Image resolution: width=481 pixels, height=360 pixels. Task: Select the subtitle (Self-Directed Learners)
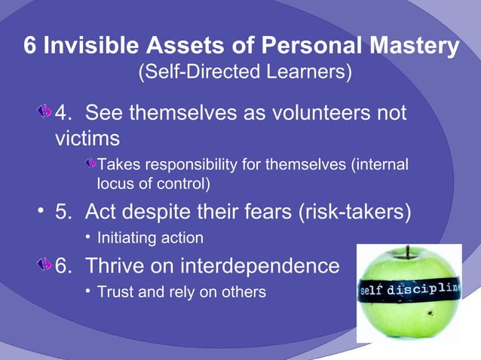point(244,72)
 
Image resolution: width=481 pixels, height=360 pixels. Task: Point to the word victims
point(87,139)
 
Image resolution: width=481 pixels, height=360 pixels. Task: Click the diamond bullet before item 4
point(45,113)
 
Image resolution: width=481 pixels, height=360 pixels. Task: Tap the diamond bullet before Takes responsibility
point(90,164)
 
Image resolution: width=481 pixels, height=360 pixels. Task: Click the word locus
point(115,182)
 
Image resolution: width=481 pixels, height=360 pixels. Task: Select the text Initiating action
point(150,238)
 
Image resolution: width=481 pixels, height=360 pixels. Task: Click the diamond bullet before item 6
point(45,266)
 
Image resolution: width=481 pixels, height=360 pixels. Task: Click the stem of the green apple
point(408,251)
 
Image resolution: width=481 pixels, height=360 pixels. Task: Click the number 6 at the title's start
point(30,46)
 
